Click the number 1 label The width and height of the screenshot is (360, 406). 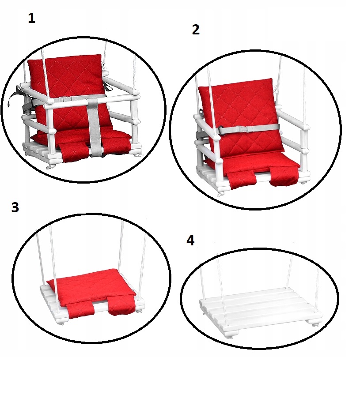(x=31, y=19)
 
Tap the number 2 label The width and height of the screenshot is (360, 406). (x=196, y=30)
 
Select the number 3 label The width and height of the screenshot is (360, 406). (x=15, y=207)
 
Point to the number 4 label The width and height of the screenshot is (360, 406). (x=190, y=241)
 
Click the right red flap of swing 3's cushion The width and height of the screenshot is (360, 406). (x=122, y=308)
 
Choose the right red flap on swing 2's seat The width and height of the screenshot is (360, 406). (x=283, y=177)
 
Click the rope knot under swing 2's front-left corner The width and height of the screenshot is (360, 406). (x=220, y=194)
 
